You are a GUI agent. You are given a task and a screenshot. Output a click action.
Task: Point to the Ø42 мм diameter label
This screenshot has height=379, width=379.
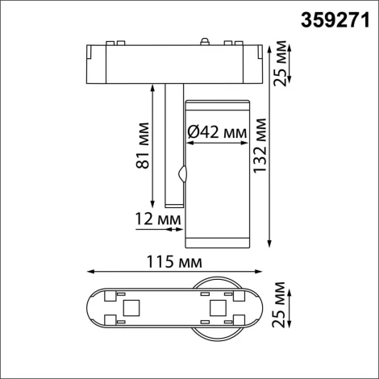click(x=217, y=130)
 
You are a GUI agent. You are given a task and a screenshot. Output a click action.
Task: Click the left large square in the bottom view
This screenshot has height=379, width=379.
click(x=128, y=309)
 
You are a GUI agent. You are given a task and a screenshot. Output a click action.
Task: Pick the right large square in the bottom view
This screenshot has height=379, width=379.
click(x=215, y=309)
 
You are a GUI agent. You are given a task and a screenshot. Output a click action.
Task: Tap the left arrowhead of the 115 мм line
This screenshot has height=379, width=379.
click(x=86, y=271)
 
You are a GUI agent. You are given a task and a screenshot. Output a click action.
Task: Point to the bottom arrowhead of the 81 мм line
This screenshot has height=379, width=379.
click(x=152, y=205)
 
